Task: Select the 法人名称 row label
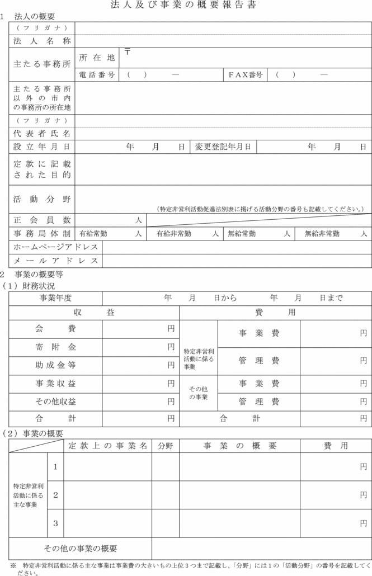(x=42, y=41)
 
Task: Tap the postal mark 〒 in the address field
(x=128, y=52)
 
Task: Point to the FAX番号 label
(x=246, y=74)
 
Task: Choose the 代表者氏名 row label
(x=42, y=134)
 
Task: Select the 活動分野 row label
(x=42, y=199)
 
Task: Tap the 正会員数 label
(x=42, y=220)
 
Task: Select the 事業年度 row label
(x=55, y=298)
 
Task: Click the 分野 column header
(x=165, y=446)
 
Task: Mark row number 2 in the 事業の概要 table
(x=55, y=495)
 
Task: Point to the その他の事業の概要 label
(x=80, y=548)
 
